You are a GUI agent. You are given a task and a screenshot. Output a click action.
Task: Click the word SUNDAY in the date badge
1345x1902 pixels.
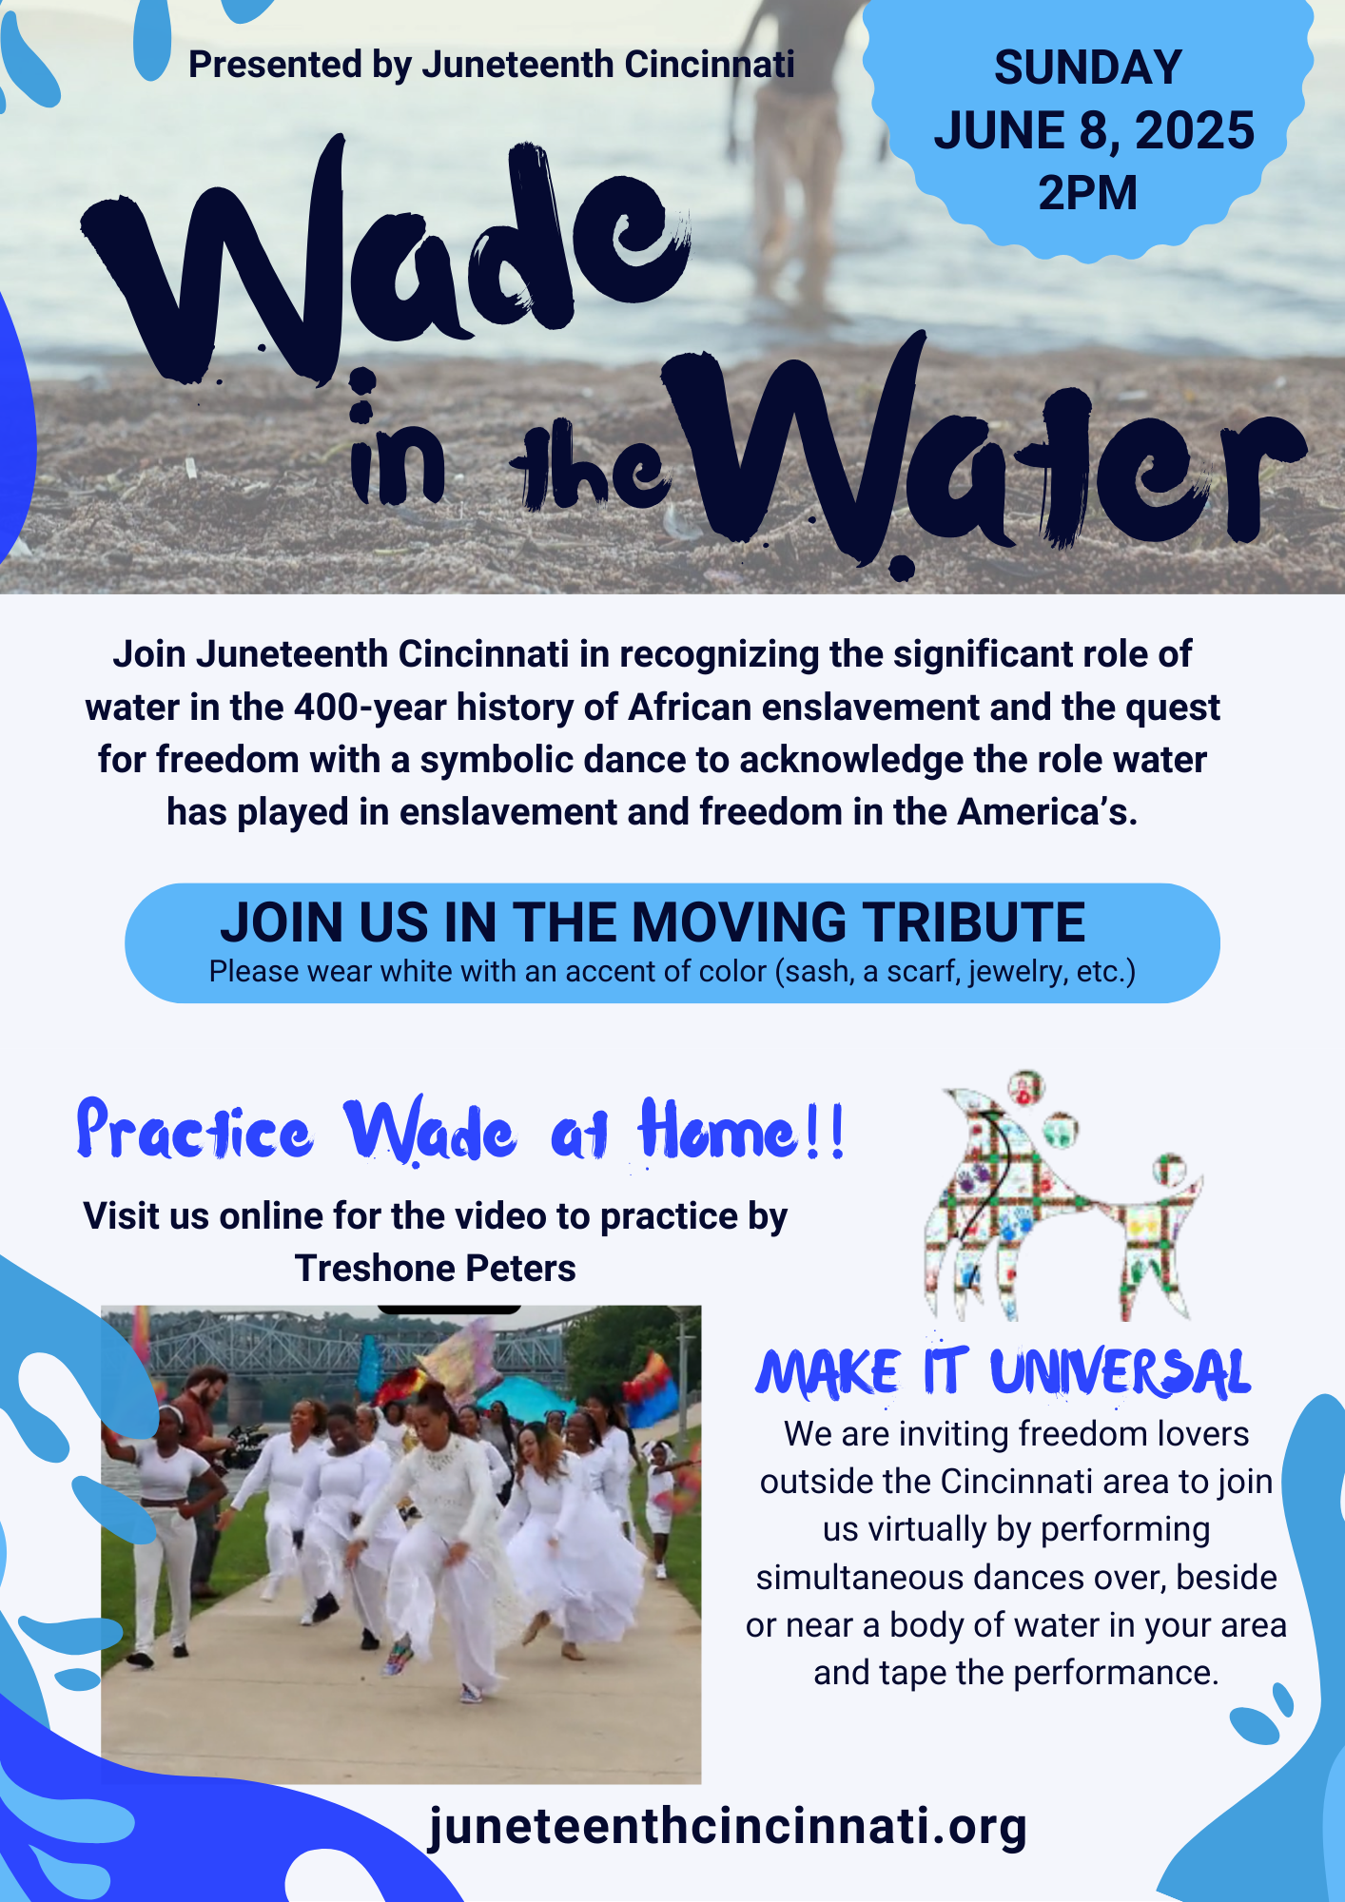(1088, 68)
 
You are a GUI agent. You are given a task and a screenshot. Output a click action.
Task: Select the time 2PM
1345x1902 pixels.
(1088, 193)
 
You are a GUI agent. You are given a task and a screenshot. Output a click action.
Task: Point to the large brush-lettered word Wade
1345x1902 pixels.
(380, 257)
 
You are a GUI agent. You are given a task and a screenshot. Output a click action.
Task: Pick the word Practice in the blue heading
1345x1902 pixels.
(194, 1131)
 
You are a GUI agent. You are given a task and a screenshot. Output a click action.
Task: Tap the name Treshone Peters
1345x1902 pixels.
(436, 1269)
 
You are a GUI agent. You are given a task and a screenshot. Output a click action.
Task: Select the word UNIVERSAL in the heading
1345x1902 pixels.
(1121, 1374)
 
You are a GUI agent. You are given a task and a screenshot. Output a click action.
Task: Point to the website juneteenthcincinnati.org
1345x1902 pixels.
(728, 1826)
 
